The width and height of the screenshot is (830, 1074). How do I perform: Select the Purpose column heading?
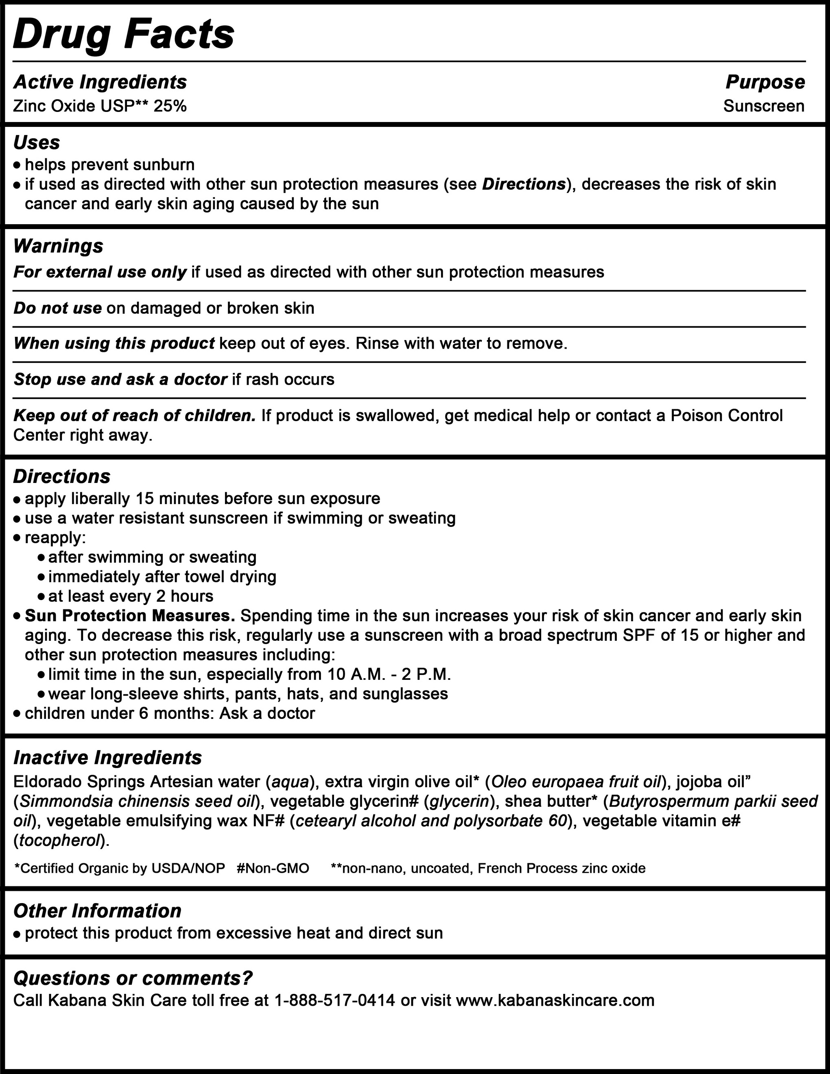coord(765,82)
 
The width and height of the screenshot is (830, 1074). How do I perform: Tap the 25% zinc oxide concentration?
coord(170,106)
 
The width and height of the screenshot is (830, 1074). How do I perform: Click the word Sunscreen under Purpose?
coord(764,106)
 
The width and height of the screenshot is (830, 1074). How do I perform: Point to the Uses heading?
coord(37,143)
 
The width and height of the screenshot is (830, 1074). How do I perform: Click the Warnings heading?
coord(59,246)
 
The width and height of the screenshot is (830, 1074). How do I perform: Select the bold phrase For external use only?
coord(100,272)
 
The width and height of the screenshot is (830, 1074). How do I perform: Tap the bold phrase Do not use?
coord(57,308)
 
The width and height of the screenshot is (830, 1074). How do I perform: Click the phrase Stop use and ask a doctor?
coord(120,379)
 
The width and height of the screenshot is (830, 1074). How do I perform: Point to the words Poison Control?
coord(719,415)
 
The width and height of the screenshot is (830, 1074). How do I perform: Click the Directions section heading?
coord(62,476)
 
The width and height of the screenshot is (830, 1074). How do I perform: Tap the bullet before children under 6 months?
coord(17,714)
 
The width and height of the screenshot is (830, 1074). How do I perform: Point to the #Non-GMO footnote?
coord(273,869)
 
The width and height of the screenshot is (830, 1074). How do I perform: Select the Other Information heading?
coord(97,911)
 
